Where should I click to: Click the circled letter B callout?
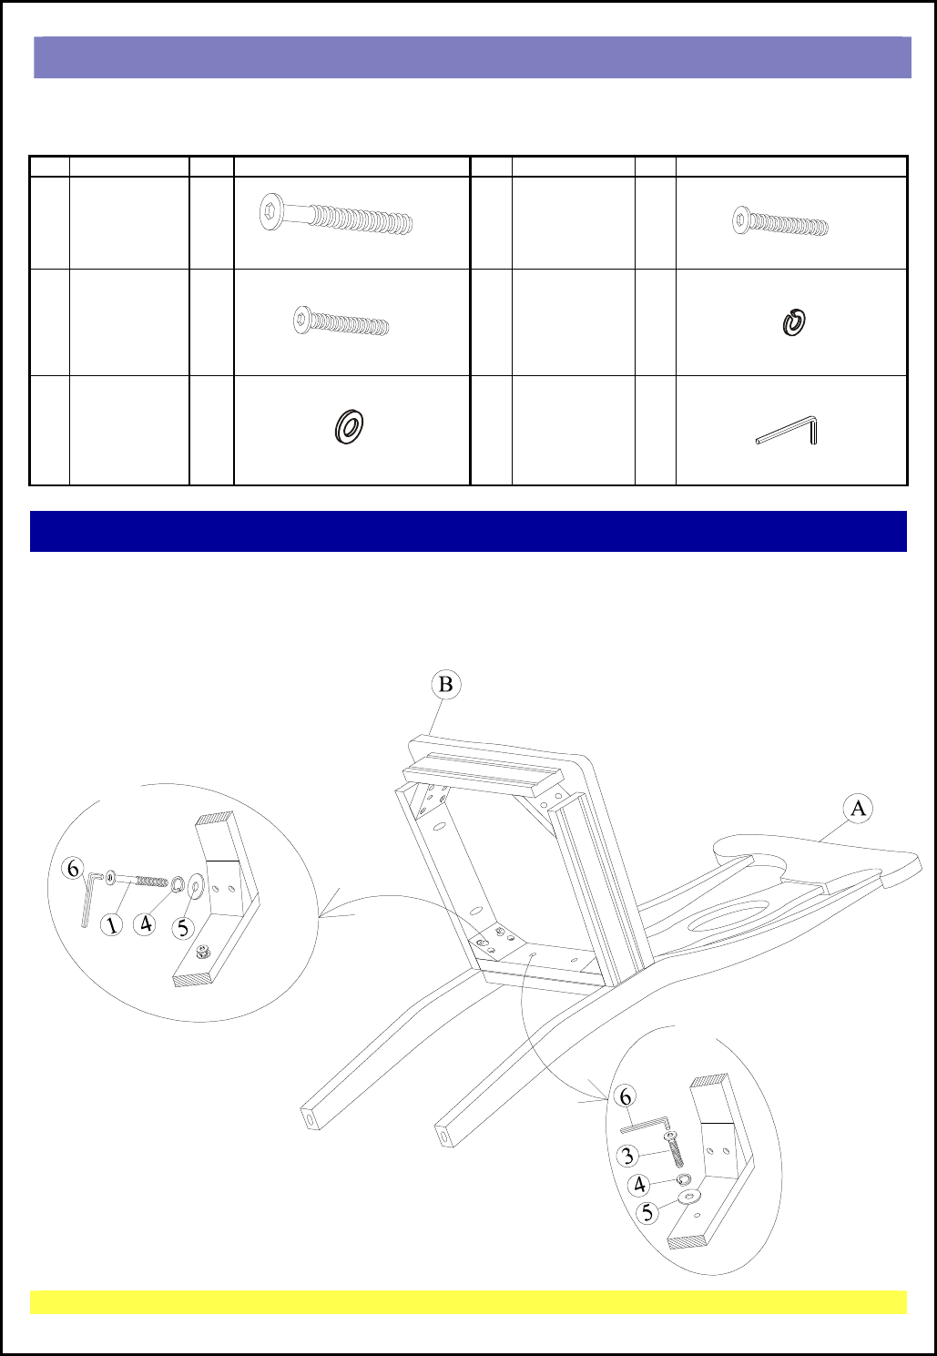coord(446,685)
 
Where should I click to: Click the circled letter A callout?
coord(858,809)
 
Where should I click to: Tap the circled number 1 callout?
coord(112,925)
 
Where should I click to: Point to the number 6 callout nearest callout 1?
coord(73,870)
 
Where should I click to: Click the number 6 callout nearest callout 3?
coord(626,1096)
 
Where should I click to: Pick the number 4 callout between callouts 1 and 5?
coord(146,924)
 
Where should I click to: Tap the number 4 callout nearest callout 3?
coord(640,1185)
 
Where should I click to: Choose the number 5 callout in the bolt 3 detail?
coord(648,1212)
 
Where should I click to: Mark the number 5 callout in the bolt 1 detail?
coord(183,928)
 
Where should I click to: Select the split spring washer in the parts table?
coord(793,321)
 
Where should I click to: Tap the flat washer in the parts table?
coord(349,426)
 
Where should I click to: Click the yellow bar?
coord(468,1302)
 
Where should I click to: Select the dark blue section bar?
coord(468,531)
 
